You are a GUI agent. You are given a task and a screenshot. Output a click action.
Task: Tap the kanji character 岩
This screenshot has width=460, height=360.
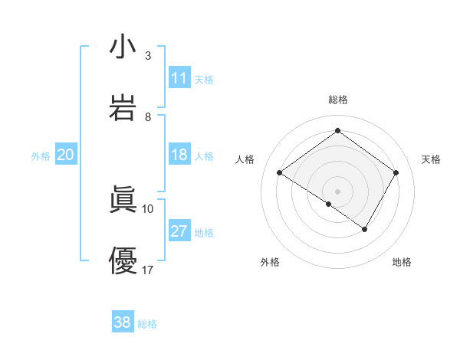[123, 108]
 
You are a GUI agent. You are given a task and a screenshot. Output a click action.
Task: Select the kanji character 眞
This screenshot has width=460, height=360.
[123, 200]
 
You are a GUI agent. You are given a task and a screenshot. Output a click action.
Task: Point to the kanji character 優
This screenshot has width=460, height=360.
[123, 260]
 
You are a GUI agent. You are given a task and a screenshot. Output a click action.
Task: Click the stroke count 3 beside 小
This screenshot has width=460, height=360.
[148, 56]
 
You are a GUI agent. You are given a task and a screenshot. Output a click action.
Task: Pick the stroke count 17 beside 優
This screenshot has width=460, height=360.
[148, 269]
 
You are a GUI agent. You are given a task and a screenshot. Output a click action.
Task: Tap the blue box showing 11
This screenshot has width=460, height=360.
[179, 78]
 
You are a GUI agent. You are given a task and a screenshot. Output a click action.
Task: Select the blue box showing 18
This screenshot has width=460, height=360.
[179, 155]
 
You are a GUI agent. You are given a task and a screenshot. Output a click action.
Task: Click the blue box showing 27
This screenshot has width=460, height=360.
[179, 231]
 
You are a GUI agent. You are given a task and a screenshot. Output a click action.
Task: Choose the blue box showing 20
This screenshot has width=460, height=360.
[65, 155]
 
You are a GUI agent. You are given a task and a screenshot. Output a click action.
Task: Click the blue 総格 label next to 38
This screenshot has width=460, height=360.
[147, 324]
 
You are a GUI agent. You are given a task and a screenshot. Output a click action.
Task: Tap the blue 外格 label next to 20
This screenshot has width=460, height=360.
[41, 156]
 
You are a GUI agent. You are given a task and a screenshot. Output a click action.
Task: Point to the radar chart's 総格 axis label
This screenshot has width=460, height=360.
[338, 100]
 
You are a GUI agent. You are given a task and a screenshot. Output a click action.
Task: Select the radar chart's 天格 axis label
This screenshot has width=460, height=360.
[432, 159]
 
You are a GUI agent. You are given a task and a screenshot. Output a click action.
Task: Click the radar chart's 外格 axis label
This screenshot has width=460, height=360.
[270, 262]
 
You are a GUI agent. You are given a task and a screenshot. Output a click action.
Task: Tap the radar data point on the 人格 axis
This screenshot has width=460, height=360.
[280, 173]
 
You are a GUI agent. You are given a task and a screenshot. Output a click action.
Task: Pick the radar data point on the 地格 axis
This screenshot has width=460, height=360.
[365, 229]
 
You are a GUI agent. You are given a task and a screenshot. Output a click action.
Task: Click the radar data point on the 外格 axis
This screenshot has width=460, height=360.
[329, 204]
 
